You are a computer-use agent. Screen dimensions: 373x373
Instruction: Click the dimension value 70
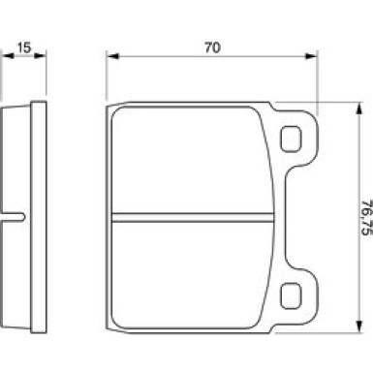click(212, 47)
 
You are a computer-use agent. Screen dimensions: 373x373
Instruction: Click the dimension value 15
click(24, 47)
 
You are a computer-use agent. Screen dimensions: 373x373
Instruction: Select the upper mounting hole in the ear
click(291, 139)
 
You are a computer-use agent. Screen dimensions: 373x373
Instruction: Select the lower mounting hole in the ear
click(291, 295)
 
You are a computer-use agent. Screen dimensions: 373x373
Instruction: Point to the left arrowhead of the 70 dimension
click(113, 56)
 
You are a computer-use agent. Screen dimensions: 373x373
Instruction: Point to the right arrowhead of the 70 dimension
click(311, 56)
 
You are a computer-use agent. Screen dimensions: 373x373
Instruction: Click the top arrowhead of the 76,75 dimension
click(358, 109)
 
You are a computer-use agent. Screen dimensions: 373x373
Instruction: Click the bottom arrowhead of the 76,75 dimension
click(358, 326)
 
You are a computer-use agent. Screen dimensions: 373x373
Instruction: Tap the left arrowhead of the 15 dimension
click(9, 56)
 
